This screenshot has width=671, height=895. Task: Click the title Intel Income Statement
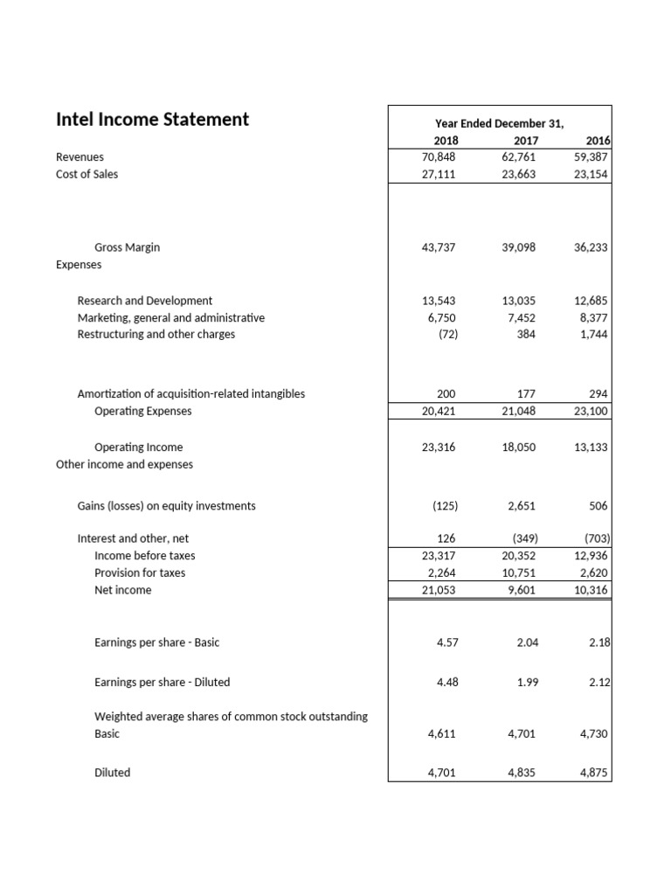[x=152, y=120]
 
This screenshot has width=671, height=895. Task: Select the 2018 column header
[x=445, y=141]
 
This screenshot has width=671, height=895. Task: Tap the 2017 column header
[x=525, y=141]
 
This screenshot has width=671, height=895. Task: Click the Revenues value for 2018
[x=439, y=157]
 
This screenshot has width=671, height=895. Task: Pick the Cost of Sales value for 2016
[x=591, y=174]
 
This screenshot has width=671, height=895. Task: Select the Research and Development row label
[x=145, y=301]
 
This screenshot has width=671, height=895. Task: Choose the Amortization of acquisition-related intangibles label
[x=191, y=394]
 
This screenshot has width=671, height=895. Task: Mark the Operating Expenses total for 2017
[x=516, y=411]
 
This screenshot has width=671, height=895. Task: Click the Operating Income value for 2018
[x=439, y=447]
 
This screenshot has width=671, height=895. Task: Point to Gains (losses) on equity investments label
[x=167, y=506]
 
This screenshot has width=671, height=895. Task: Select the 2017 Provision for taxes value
[x=516, y=573]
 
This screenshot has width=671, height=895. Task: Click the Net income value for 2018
[x=439, y=591]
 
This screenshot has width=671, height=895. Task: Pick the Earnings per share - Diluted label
[x=162, y=682]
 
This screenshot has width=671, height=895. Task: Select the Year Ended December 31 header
[x=499, y=124]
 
